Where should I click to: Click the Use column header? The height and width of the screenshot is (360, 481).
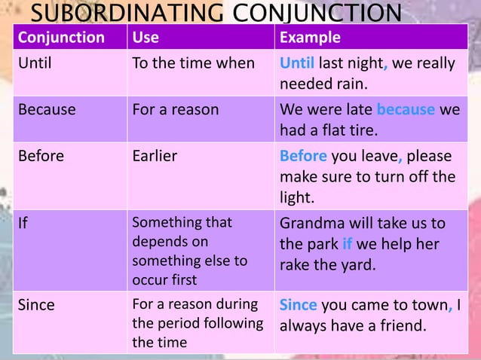tap(146, 38)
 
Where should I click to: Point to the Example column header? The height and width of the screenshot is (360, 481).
tap(310, 38)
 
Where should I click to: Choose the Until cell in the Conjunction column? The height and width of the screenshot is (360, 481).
tap(35, 63)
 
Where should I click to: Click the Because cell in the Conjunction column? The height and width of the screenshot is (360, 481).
tap(47, 110)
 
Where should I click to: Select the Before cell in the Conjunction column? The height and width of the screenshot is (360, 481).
tap(41, 157)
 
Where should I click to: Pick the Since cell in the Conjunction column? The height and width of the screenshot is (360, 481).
tap(36, 306)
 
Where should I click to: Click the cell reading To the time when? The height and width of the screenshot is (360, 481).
tap(193, 63)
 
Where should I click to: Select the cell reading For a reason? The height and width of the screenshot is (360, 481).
tap(175, 110)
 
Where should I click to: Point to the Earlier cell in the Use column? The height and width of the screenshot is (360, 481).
tap(155, 157)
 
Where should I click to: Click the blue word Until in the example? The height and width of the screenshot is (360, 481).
tap(296, 63)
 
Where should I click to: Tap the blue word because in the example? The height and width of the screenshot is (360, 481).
tap(406, 110)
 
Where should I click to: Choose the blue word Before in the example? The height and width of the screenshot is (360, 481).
tap(303, 157)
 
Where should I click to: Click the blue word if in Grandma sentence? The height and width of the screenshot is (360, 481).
tap(348, 245)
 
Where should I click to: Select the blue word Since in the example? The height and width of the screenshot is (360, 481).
tap(299, 306)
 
